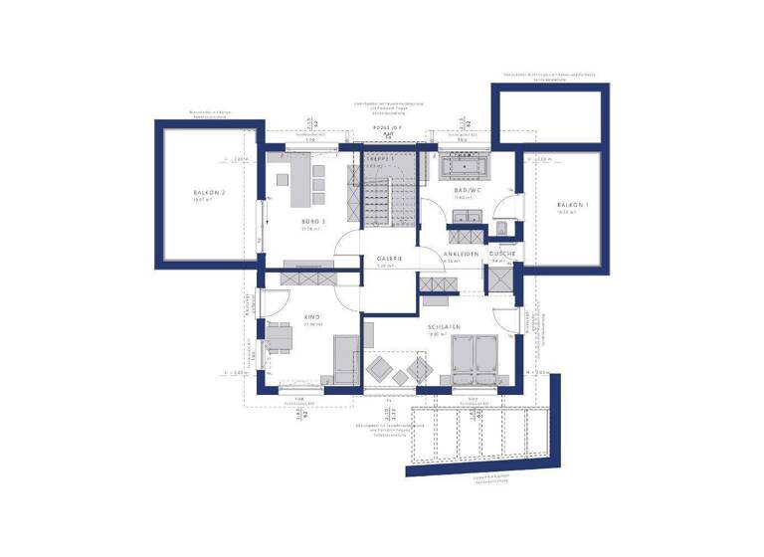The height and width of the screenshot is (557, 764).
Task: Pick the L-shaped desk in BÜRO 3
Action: [x=298, y=179]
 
